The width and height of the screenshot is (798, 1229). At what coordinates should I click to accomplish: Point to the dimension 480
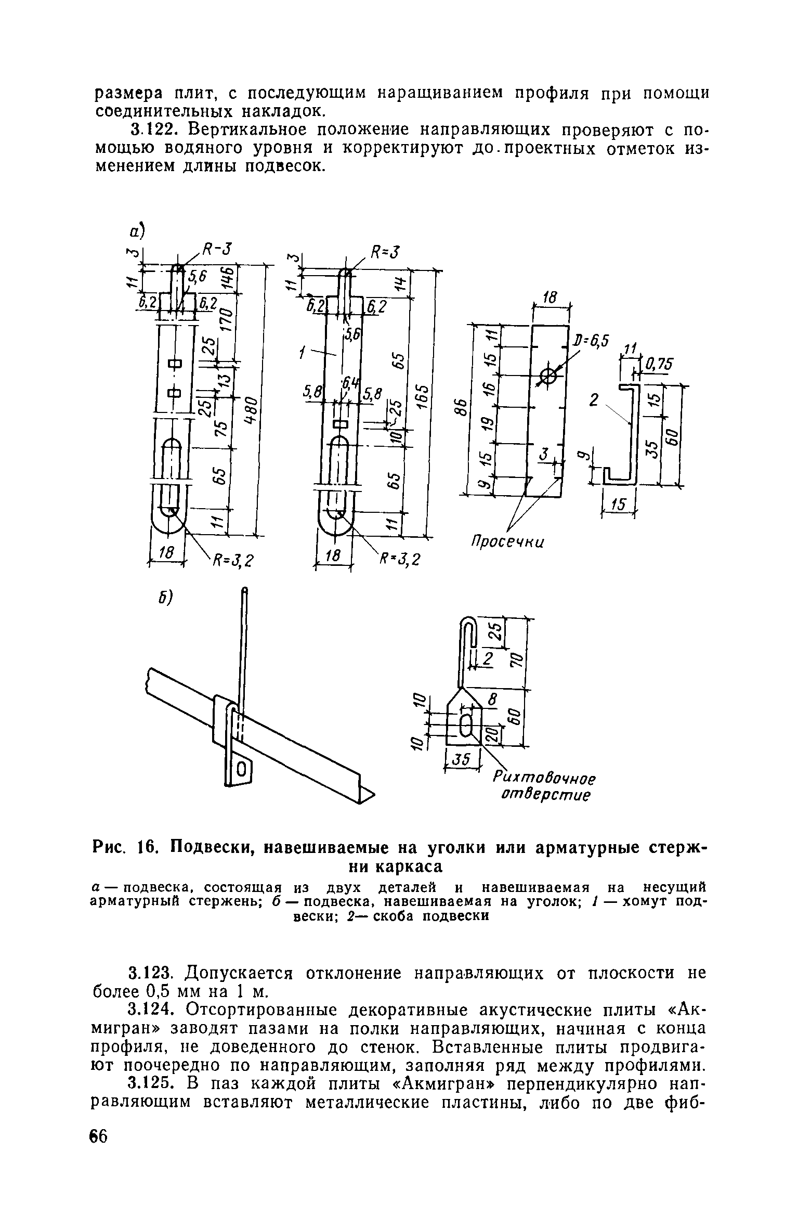(x=249, y=411)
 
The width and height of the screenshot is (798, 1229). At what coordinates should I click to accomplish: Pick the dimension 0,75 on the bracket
(x=658, y=366)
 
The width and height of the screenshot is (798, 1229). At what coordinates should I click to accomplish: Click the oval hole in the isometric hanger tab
(x=241, y=769)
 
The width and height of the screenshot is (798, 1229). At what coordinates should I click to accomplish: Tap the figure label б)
(x=165, y=598)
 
